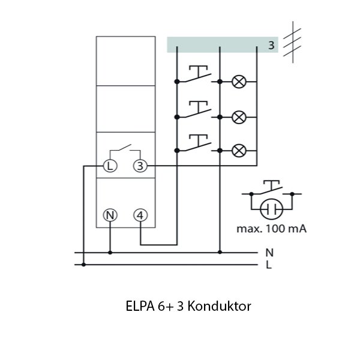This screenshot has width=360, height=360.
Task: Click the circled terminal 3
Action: coord(140,166)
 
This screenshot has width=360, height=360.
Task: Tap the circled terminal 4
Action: coord(140,214)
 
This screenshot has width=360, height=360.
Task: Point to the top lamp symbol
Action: coord(238,81)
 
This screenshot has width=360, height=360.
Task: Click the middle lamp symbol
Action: coord(238,116)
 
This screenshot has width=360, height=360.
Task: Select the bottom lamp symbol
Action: coord(238,149)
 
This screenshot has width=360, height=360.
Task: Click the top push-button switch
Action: coord(197,76)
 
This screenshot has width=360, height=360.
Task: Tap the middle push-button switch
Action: coord(197,110)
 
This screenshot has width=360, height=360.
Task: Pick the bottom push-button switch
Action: coord(197,144)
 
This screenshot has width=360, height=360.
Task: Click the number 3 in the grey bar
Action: coord(271,46)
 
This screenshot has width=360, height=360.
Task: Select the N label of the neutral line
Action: coord(269,253)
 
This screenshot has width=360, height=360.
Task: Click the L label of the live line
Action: coord(268,264)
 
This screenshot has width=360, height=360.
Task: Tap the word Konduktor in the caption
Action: coord(219,306)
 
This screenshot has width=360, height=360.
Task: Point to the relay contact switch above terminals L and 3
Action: coord(125,149)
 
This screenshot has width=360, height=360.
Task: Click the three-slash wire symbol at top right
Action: coord(292,43)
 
